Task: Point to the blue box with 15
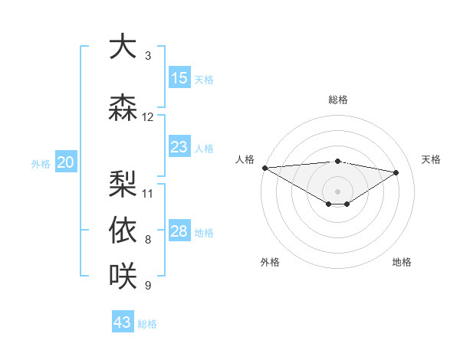click(x=179, y=78)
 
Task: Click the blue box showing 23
click(x=179, y=147)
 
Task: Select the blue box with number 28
click(x=179, y=231)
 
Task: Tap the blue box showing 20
click(x=66, y=162)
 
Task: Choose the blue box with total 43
click(x=123, y=322)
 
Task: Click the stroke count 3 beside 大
click(x=148, y=56)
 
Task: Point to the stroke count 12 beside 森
click(x=148, y=117)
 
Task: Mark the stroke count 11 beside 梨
click(x=148, y=193)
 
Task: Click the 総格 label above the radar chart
click(x=338, y=100)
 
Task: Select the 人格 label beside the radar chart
click(x=245, y=159)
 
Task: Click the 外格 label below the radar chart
click(x=270, y=262)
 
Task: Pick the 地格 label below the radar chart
click(x=402, y=262)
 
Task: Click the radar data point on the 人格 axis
click(x=264, y=168)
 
